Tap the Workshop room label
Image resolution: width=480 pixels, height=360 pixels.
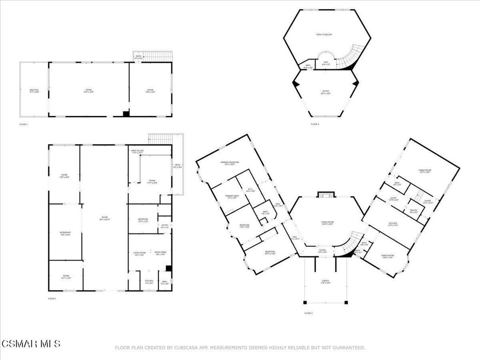coord(65,233)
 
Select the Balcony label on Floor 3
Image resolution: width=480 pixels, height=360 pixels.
coord(34,90)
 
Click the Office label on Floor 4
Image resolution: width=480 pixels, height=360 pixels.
coord(326,92)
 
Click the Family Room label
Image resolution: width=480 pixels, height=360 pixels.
coord(425,171)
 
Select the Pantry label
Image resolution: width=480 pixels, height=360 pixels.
coord(413,211)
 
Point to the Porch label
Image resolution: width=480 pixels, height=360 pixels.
coord(325,282)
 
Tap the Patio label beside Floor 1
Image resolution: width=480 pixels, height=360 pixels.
coord(178,165)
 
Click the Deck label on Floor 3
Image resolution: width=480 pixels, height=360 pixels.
coord(138,57)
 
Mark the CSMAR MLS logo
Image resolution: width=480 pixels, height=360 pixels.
coord(30,345)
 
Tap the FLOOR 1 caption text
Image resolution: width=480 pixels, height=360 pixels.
coord(52,298)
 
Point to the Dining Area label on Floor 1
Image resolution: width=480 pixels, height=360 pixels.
coord(161,253)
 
